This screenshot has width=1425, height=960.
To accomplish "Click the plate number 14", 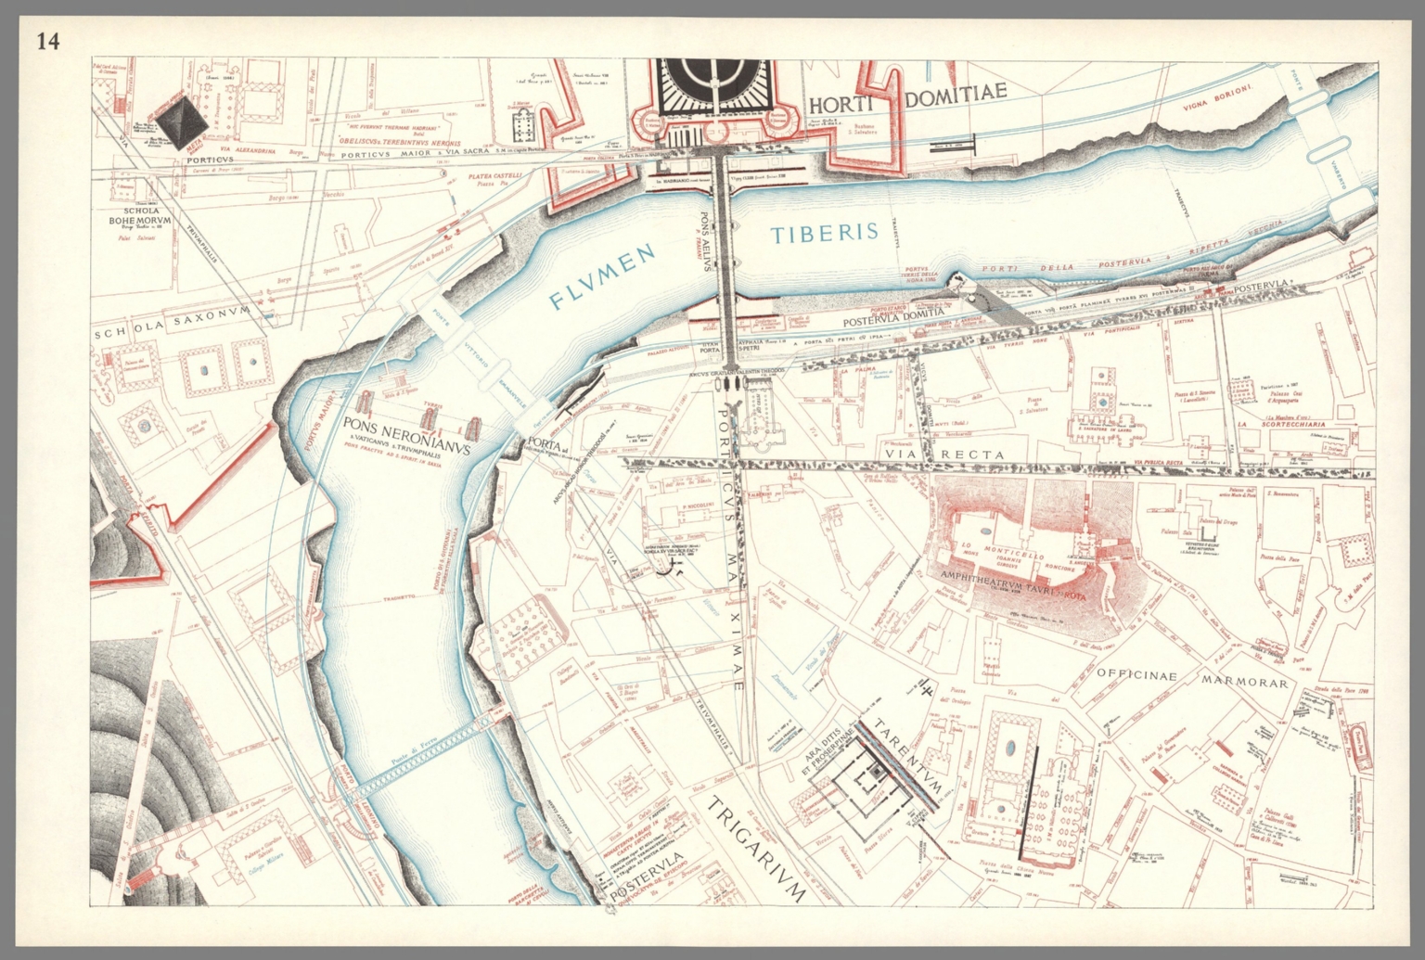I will (x=46, y=42).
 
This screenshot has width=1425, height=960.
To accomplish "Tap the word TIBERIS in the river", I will (x=825, y=233).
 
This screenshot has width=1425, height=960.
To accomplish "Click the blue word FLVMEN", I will (x=600, y=279).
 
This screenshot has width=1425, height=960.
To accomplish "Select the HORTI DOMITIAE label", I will (x=906, y=100).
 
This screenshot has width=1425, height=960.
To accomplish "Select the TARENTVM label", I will (x=909, y=756).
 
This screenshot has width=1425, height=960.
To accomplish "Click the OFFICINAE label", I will (x=1136, y=676).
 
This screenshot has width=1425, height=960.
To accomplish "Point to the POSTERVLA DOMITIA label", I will (x=893, y=316).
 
